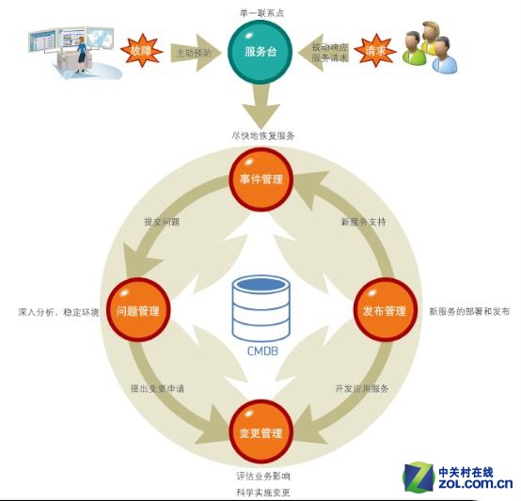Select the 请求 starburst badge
(x=377, y=49)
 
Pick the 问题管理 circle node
(x=138, y=311)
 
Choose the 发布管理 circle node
(x=384, y=311)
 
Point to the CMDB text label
(x=261, y=353)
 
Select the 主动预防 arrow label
(x=194, y=55)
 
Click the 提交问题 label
(x=162, y=223)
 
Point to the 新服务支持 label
(x=362, y=223)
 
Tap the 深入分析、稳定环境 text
(x=58, y=311)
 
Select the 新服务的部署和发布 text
(x=468, y=311)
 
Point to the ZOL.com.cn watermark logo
(x=460, y=478)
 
